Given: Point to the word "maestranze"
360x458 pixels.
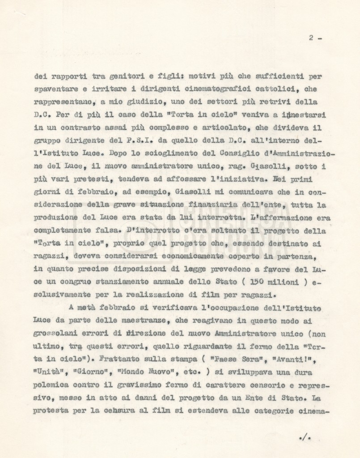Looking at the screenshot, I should [x=141, y=321].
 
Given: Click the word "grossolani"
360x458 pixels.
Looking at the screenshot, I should [x=55, y=334].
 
